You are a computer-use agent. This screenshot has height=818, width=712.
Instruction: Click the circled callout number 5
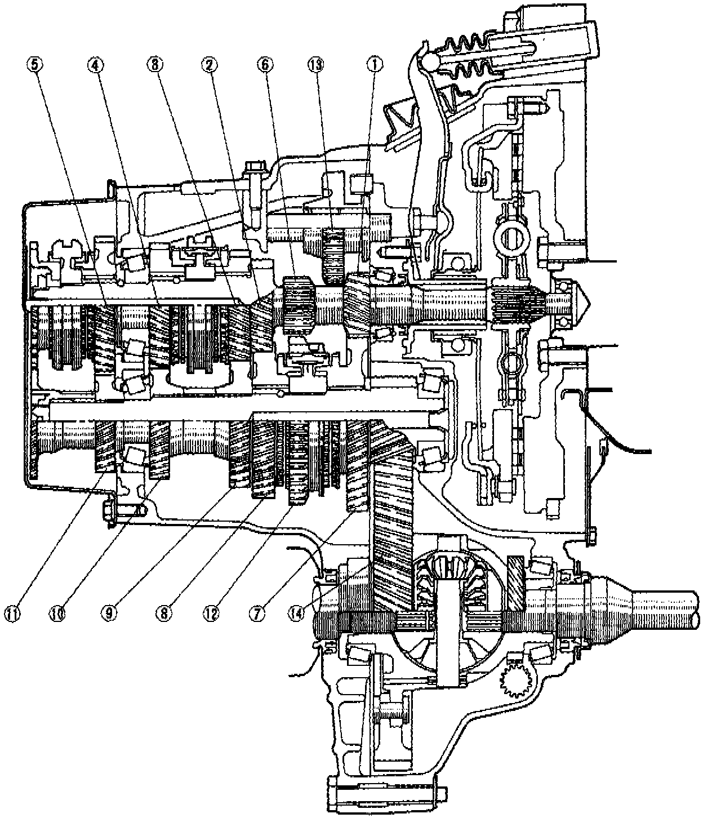pos(36,65)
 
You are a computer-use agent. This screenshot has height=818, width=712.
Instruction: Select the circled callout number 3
pos(153,65)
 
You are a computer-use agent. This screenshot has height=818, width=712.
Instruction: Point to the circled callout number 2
pos(210,65)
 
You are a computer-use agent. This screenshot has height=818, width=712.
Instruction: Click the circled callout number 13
pos(317,65)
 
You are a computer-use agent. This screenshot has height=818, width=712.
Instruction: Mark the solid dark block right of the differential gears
pos(516,583)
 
